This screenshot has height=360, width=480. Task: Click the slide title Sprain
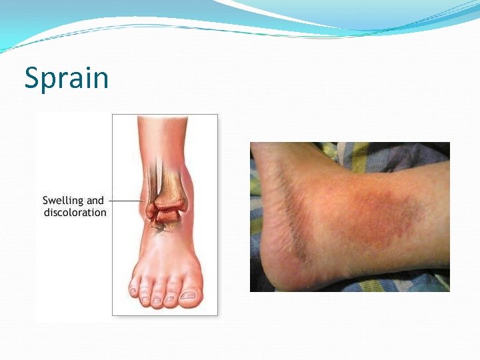click(x=66, y=78)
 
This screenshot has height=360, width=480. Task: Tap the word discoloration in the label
click(x=75, y=213)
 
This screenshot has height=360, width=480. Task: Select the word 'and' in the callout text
click(x=96, y=200)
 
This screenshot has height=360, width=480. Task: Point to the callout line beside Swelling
click(x=126, y=200)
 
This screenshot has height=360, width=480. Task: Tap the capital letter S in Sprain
click(x=32, y=78)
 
